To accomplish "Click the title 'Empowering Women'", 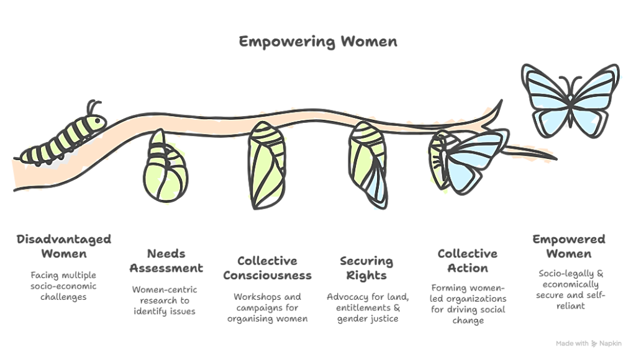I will [x=317, y=43].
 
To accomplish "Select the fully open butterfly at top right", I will [x=565, y=99].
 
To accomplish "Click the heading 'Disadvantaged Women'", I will [x=63, y=247].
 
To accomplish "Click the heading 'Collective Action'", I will [x=467, y=261].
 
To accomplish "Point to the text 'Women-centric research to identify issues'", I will [x=165, y=300].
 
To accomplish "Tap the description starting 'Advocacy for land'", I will [x=368, y=308].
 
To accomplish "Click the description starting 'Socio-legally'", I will [x=568, y=289].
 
